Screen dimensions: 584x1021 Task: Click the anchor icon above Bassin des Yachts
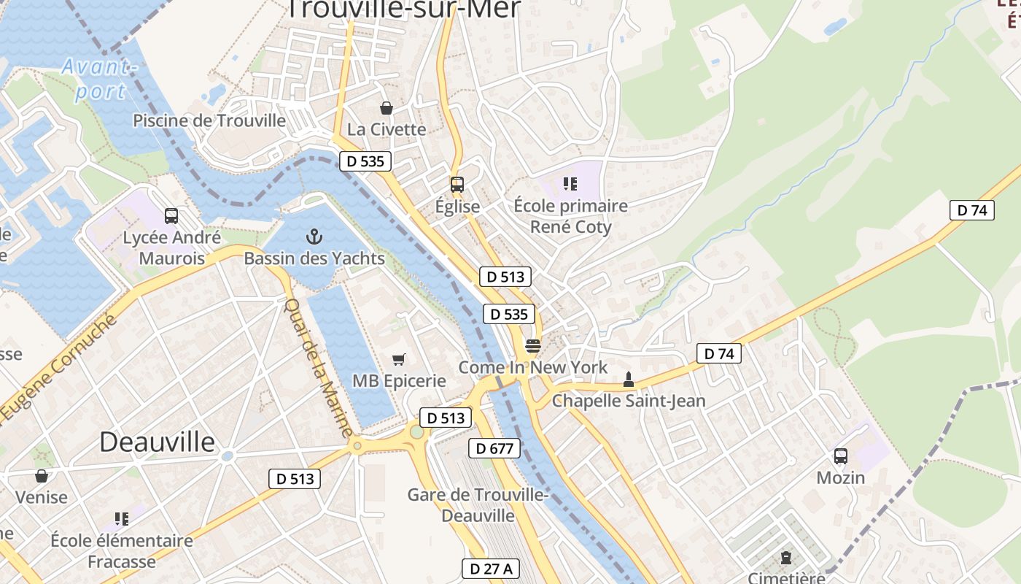[314, 237]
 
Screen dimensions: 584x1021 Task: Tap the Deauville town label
[158, 442]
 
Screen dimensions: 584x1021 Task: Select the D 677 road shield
[494, 448]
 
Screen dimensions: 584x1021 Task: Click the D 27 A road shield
[491, 569]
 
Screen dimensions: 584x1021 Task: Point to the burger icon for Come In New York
[533, 346]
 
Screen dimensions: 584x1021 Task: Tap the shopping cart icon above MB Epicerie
[398, 359]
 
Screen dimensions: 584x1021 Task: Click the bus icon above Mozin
[841, 456]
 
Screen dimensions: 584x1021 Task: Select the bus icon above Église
[457, 185]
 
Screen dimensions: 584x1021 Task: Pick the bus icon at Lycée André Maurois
[171, 216]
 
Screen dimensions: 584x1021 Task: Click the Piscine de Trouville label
[209, 120]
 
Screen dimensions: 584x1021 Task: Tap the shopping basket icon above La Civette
[387, 108]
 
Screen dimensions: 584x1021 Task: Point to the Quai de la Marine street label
[318, 368]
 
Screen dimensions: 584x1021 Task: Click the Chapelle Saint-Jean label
[629, 401]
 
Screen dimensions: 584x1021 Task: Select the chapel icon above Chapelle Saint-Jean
[629, 380]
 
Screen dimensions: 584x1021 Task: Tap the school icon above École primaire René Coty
[570, 184]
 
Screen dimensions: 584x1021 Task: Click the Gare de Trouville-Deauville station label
[478, 505]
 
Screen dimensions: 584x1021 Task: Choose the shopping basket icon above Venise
[42, 476]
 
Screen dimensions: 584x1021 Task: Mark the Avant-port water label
[99, 80]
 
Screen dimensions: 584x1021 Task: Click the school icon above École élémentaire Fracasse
[122, 519]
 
